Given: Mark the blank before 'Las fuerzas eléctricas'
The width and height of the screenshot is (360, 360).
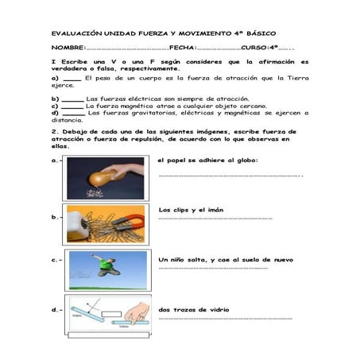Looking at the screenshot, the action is tap(73, 99).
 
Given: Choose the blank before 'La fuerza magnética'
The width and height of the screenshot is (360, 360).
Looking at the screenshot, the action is tap(73, 106).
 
